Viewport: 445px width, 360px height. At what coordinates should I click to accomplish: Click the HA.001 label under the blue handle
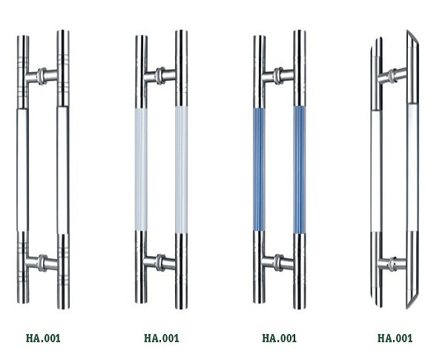click(x=280, y=338)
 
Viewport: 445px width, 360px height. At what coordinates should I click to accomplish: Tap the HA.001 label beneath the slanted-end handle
click(x=395, y=338)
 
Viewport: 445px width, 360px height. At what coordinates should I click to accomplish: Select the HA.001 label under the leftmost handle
click(x=43, y=338)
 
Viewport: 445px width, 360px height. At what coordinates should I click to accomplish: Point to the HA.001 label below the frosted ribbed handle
click(x=162, y=338)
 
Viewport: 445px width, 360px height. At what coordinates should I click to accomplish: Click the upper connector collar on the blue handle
click(x=278, y=76)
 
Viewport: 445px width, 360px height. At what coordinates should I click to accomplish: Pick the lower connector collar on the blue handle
click(x=278, y=263)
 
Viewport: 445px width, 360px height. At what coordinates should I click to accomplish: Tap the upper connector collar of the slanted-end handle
click(x=393, y=76)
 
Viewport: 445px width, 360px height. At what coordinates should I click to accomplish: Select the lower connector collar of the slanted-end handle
click(x=393, y=264)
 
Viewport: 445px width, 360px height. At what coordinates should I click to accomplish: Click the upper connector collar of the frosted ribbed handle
click(x=160, y=76)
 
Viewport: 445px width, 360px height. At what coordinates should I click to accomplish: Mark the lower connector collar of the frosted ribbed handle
click(x=160, y=263)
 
